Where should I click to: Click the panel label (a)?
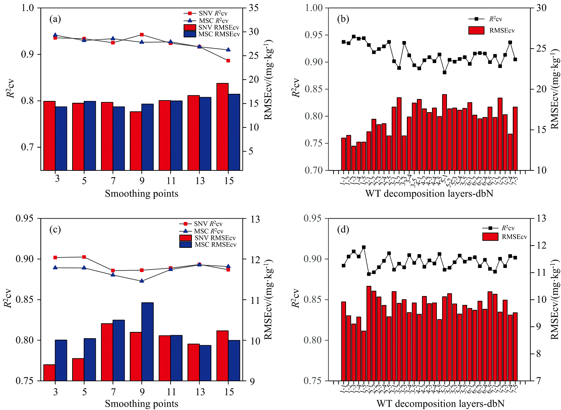pos(55,19)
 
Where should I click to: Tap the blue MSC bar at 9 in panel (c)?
pos(147,342)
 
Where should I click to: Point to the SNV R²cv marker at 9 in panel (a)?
pos(142,35)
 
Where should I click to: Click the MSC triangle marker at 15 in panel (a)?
pos(229,49)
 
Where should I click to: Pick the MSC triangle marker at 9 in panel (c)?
pos(142,280)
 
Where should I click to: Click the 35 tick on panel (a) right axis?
pos(254,8)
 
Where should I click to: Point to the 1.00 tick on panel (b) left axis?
pos(314,8)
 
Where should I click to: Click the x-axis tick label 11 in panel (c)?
pos(171,392)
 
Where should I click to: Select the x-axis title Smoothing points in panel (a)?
pos(141,194)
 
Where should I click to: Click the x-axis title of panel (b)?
pos(429,194)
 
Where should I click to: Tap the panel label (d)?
pos(343,229)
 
